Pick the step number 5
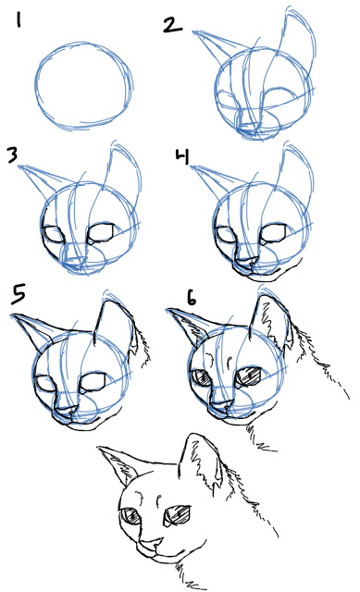[19, 295]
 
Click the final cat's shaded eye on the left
[132, 519]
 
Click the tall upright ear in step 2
[297, 46]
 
